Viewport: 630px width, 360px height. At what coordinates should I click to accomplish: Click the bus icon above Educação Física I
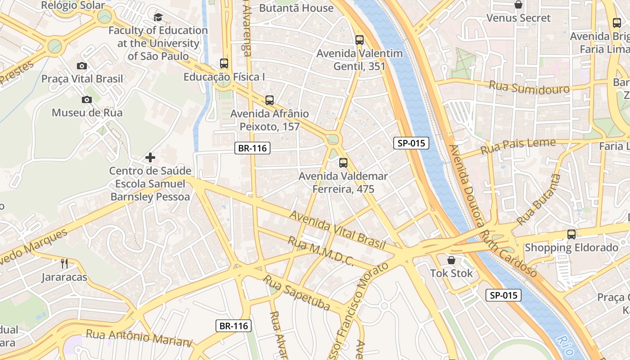pos(224,63)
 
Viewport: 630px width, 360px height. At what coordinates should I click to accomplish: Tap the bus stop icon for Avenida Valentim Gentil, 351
pos(359,40)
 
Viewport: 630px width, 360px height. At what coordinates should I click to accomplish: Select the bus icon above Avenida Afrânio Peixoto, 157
pos(270,100)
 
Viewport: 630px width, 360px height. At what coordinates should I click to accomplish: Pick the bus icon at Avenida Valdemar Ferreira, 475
pos(343,162)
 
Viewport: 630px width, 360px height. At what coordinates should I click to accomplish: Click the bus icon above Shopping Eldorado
pos(571,234)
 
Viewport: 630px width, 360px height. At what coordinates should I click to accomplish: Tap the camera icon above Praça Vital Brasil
pos(82,66)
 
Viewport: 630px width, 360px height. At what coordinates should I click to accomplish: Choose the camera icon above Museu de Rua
pos(87,99)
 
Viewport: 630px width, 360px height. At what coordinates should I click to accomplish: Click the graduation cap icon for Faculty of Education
pos(158,18)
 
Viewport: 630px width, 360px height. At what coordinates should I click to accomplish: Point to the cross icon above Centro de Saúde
pos(150,157)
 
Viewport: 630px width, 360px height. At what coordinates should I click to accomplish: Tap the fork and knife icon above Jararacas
pos(64,263)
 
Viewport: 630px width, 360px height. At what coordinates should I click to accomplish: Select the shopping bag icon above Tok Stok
pos(451,260)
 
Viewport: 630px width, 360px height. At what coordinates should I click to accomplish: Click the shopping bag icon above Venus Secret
pos(518,5)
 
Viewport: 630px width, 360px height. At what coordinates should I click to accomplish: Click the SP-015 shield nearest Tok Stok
pos(504,295)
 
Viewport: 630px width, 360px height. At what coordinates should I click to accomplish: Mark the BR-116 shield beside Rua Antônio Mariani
pos(234,326)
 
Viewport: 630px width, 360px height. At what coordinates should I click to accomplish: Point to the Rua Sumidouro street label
pos(529,86)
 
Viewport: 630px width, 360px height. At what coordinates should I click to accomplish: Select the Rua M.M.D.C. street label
pos(320,251)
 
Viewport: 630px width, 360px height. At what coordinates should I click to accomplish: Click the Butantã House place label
pos(297,8)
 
